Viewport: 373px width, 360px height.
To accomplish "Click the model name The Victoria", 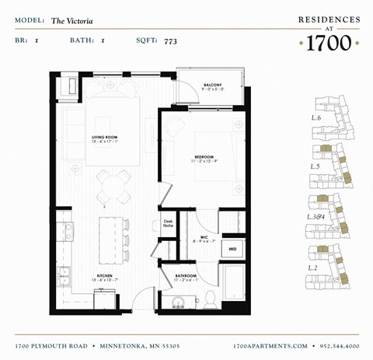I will click(72, 21).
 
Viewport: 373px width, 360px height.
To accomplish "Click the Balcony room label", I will click(214, 86).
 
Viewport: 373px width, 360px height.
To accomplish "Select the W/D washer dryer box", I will click(232, 249).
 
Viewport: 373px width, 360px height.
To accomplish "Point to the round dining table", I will click(113, 185).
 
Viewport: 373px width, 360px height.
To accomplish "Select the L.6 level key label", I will click(316, 117).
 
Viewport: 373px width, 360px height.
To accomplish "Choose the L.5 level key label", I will click(316, 166).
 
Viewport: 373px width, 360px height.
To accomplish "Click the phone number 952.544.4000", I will click(335, 345).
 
